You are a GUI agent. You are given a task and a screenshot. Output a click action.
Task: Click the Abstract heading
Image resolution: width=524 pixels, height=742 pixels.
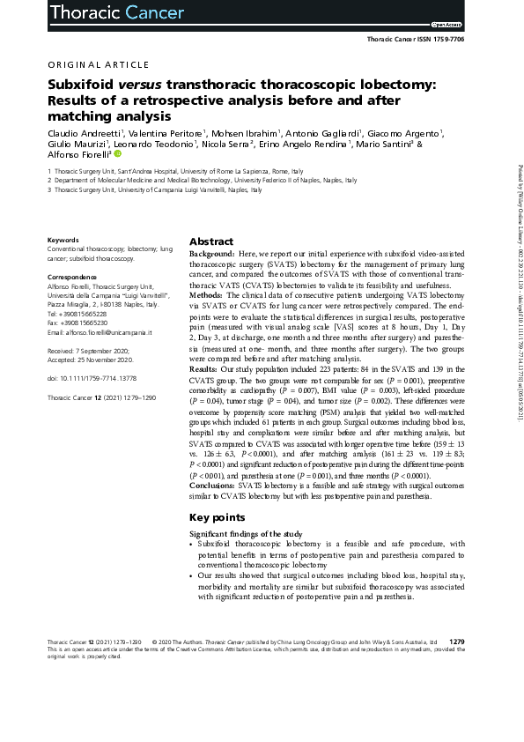coord(211,241)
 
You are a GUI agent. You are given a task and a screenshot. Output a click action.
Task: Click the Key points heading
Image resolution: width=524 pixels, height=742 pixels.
coord(218,517)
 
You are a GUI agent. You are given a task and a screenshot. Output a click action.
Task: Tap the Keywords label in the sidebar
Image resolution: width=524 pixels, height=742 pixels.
coord(63,240)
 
